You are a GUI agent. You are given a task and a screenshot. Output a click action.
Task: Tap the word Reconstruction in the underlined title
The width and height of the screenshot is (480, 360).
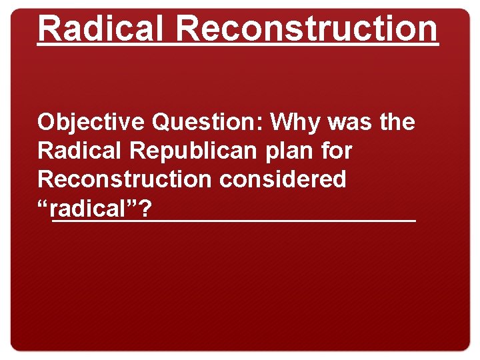point(307,28)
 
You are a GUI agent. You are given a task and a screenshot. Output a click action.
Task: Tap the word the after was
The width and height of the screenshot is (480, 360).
point(397,123)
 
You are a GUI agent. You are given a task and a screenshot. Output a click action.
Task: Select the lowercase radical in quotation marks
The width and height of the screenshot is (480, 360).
point(91,209)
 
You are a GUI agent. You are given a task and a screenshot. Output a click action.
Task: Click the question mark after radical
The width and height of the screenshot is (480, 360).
point(145,209)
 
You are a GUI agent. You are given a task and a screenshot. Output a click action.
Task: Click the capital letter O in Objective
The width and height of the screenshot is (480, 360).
point(46,123)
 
